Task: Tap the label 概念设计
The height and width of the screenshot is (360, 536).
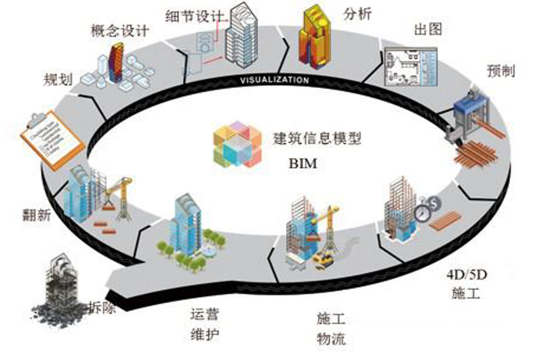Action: coord(119,30)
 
